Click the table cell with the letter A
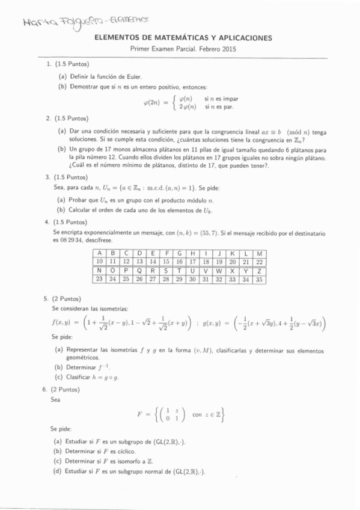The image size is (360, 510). click(x=100, y=250)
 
